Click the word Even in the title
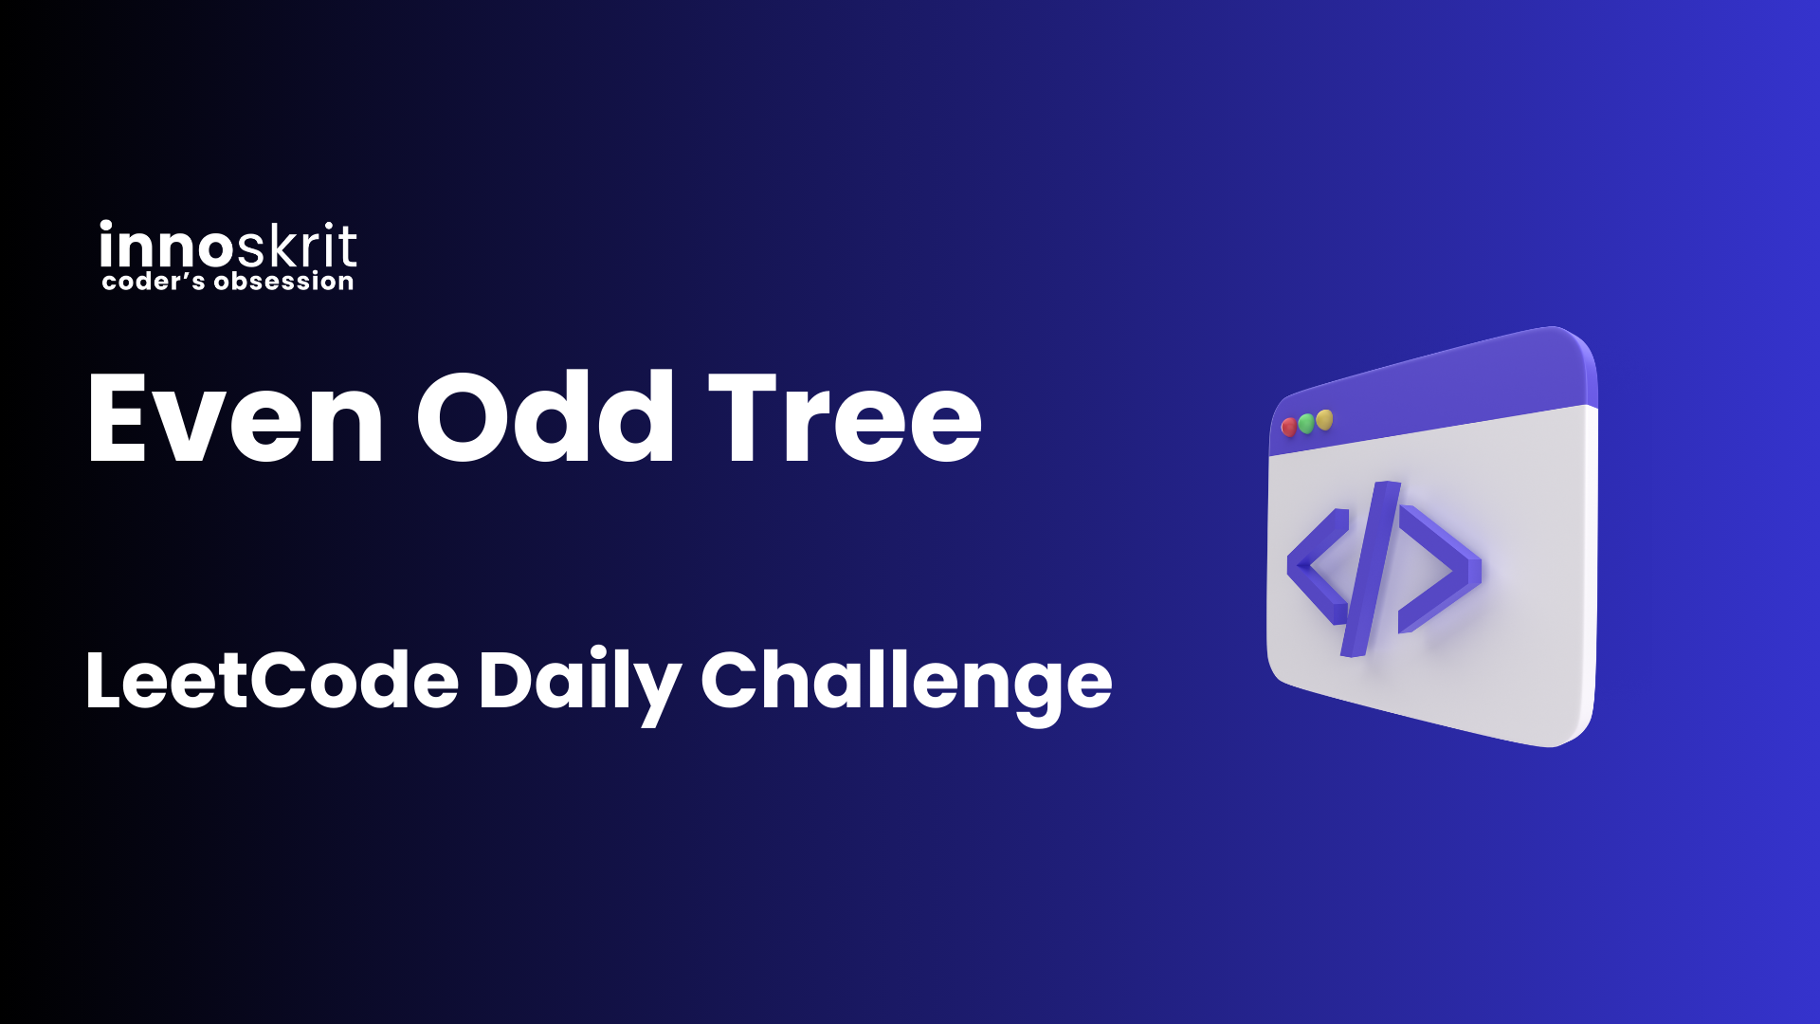(235, 417)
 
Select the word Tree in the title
(846, 417)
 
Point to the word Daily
(580, 685)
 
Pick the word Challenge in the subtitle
(906, 685)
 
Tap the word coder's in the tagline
(154, 282)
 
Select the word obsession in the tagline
(284, 282)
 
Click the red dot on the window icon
(1289, 428)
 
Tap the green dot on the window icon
(1306, 423)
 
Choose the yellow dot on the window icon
(1324, 419)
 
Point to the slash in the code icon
(1371, 569)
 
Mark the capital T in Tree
(749, 418)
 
